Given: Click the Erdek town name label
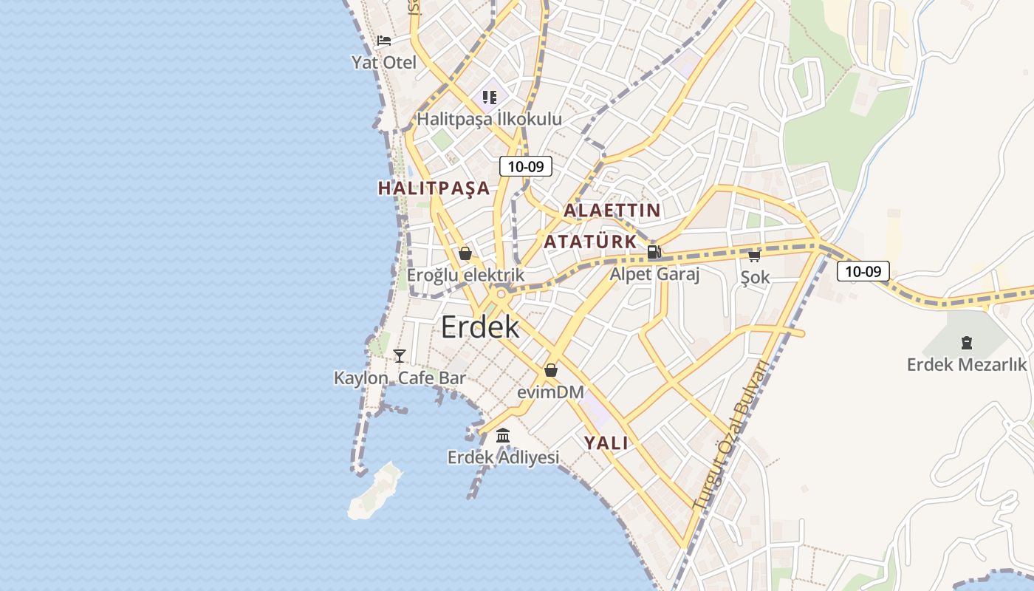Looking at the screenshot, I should [480, 327].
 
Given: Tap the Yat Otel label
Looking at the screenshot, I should [384, 62].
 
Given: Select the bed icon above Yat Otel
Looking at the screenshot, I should [384, 41].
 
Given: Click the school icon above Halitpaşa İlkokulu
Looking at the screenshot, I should [490, 97].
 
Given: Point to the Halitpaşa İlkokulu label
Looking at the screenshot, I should [489, 119].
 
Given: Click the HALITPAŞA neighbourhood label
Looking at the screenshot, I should [434, 188].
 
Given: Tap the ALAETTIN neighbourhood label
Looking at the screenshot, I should [612, 211].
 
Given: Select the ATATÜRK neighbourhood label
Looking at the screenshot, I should [590, 242].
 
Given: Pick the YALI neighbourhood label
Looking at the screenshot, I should [606, 443].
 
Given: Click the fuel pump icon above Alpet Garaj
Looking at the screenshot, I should [654, 252].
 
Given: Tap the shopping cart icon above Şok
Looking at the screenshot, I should [754, 256].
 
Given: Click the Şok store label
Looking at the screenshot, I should [756, 278].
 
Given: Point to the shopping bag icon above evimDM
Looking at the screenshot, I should [551, 370].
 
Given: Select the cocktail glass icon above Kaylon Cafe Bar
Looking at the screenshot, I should [400, 356].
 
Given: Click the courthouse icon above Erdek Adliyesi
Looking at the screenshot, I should [503, 436].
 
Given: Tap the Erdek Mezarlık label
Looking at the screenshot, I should [967, 364].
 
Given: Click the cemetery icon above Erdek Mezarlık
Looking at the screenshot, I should [966, 343].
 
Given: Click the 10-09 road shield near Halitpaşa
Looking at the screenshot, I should [526, 166].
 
